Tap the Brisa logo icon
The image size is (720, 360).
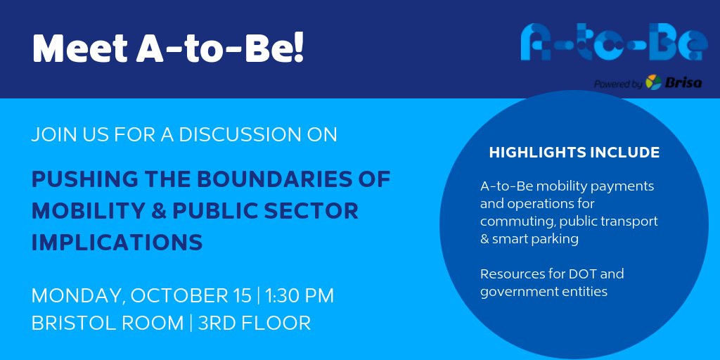pyautogui.click(x=653, y=82)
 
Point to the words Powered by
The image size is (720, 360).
pyautogui.click(x=618, y=84)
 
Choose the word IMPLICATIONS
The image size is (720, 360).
pyautogui.click(x=117, y=242)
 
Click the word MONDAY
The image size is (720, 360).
pyautogui.click(x=72, y=295)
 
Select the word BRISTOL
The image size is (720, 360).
pyautogui.click(x=77, y=323)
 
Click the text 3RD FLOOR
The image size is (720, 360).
pyautogui.click(x=254, y=323)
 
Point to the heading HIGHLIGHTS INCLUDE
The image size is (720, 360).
pyautogui.click(x=574, y=153)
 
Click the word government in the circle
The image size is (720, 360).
pyautogui.click(x=513, y=291)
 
